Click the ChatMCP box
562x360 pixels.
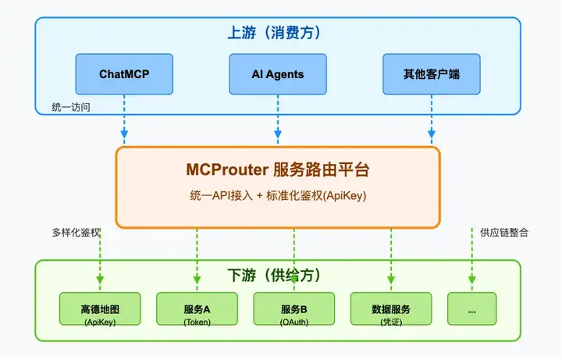tap(124, 74)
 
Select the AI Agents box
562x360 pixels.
tap(278, 74)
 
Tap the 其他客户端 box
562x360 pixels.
tap(432, 74)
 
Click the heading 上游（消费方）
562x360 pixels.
tap(274, 33)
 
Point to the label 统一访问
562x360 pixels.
tap(71, 107)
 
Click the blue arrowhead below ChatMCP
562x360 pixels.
tap(124, 134)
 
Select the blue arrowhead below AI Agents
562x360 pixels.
tap(278, 134)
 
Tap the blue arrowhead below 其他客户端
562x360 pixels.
tap(432, 134)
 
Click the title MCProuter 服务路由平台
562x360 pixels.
tap(278, 169)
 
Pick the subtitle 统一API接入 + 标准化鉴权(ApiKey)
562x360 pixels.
tap(278, 196)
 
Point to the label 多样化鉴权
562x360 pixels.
tap(76, 233)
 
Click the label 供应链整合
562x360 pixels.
tap(504, 233)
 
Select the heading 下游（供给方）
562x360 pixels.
tap(274, 276)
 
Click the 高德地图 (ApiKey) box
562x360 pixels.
tap(100, 308)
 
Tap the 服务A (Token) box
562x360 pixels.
tap(197, 308)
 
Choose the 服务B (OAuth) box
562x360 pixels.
tap(294, 308)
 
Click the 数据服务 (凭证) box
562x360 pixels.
tap(391, 308)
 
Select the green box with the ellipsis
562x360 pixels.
tap(472, 308)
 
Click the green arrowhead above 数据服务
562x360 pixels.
tap(391, 280)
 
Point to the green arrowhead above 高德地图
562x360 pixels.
tap(100, 280)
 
